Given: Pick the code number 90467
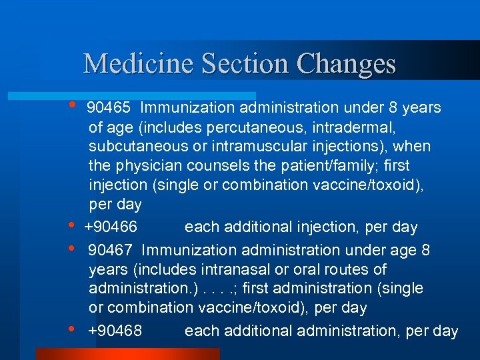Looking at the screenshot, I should (111, 251).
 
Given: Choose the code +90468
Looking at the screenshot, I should (115, 331).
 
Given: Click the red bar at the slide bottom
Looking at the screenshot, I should (127, 354).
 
